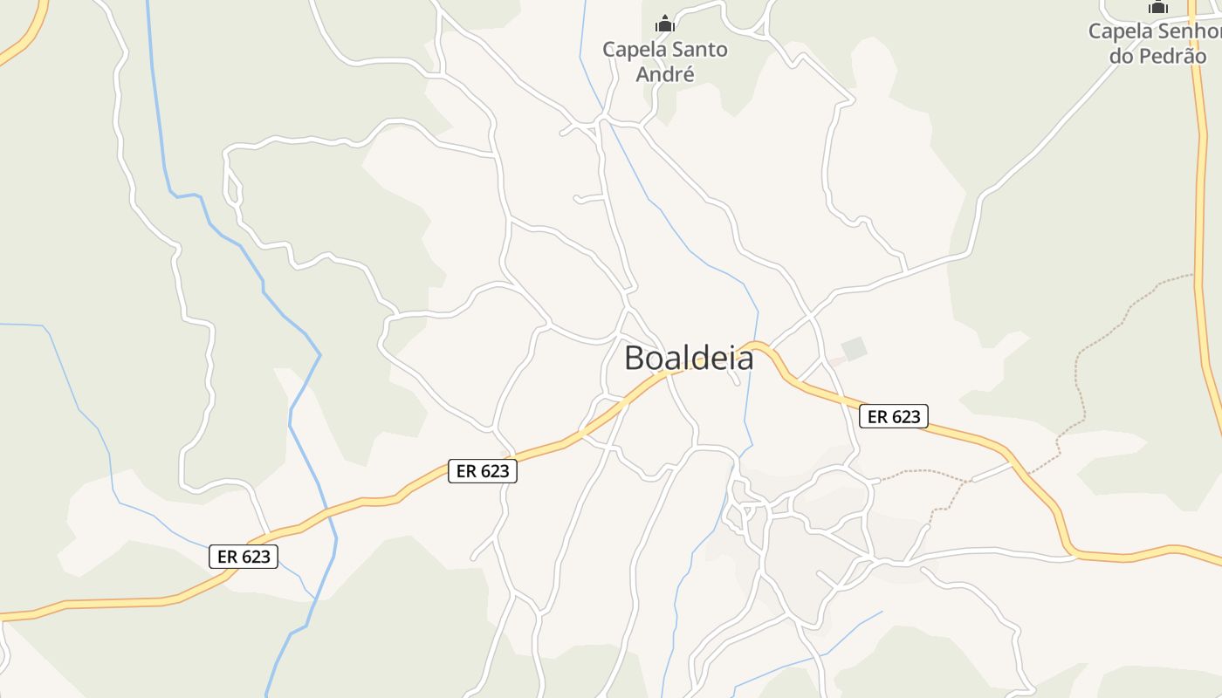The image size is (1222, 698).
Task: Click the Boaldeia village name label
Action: click(x=689, y=358)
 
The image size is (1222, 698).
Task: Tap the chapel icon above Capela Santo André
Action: click(x=665, y=24)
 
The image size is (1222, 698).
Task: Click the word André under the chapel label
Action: click(x=665, y=74)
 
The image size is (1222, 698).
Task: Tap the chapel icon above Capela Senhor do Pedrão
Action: click(x=1158, y=7)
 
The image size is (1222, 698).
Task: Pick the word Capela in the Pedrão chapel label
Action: click(x=1119, y=31)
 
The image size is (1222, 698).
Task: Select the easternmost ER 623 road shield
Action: click(x=894, y=416)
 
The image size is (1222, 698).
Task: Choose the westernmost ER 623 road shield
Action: click(x=244, y=556)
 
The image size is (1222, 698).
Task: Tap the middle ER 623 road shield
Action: click(x=483, y=471)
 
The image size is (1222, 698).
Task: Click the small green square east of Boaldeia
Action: click(x=855, y=348)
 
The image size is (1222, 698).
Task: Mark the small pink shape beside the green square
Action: click(x=836, y=360)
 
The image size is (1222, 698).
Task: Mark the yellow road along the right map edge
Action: click(x=1202, y=262)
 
